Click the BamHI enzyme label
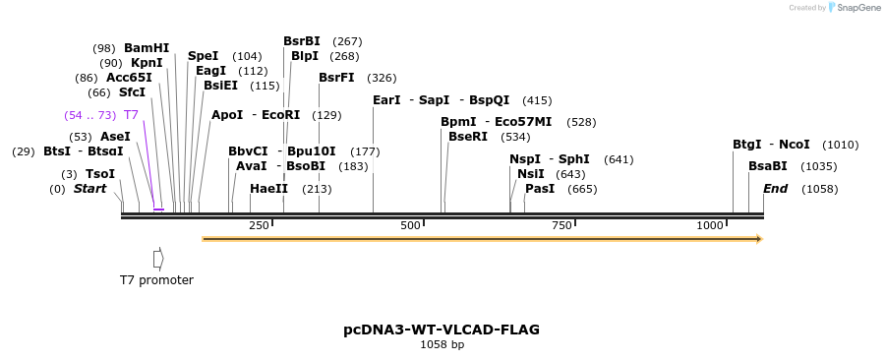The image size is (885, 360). pos(147,48)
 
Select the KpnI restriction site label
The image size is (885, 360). pos(147,63)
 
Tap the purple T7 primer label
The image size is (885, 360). pos(131,115)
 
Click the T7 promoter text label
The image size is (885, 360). pos(156,280)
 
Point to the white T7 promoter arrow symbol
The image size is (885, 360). pos(157,258)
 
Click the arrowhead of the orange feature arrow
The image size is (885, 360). pos(758,238)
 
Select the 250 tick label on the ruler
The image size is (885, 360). pos(259,226)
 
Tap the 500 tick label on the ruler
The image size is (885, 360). pos(410,226)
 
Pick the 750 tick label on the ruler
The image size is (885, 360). pos(561,226)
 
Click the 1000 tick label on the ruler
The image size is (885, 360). pos(710,226)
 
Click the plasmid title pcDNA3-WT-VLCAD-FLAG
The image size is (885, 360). pos(442,330)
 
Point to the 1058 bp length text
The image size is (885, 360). pos(442,345)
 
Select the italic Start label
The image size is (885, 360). pos(89,189)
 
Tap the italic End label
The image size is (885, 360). pos(775,189)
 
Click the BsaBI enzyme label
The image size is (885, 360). pos(768,166)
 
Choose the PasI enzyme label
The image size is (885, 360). pos(540,189)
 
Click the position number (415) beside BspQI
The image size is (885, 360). pos(537,100)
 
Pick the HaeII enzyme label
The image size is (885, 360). pos(268,189)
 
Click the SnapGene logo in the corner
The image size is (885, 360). pos(854,8)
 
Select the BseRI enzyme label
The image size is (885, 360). pos(467,137)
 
